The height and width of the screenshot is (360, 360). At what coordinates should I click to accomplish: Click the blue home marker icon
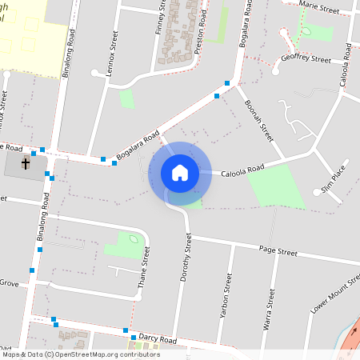pyautogui.click(x=179, y=173)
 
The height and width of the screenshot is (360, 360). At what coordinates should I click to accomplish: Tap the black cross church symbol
pyautogui.click(x=25, y=164)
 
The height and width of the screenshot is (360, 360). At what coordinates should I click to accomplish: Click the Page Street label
pyautogui.click(x=278, y=252)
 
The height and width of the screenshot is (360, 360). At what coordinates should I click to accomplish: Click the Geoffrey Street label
pyautogui.click(x=306, y=59)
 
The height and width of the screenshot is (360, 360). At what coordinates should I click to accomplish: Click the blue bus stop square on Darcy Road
pyautogui.click(x=126, y=330)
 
